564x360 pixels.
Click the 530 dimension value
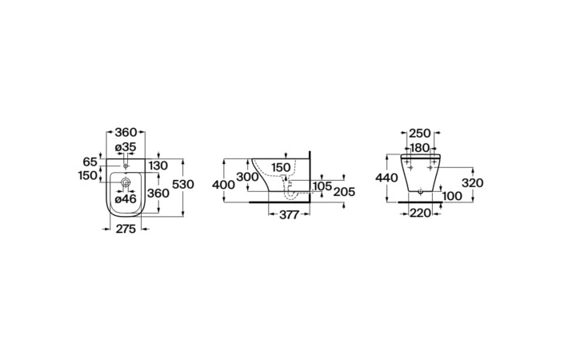(x=183, y=185)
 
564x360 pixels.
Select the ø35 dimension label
(x=126, y=147)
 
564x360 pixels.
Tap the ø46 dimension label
(x=126, y=198)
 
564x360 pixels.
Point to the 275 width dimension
(x=126, y=228)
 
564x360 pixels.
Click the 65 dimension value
(x=90, y=162)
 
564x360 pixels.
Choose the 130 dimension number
(x=158, y=166)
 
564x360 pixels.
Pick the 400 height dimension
(x=223, y=185)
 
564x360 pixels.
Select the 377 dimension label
(x=289, y=214)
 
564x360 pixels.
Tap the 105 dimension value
(x=322, y=186)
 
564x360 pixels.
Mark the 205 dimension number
(x=344, y=192)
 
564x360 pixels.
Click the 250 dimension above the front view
(x=420, y=134)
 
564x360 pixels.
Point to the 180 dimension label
(x=420, y=147)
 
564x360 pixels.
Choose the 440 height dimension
(x=386, y=178)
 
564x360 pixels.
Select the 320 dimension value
(x=472, y=183)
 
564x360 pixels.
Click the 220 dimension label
(x=420, y=214)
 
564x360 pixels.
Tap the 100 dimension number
(x=452, y=196)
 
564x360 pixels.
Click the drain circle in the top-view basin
(x=126, y=182)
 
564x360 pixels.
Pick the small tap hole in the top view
(x=126, y=166)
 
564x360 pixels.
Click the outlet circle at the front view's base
(x=420, y=192)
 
